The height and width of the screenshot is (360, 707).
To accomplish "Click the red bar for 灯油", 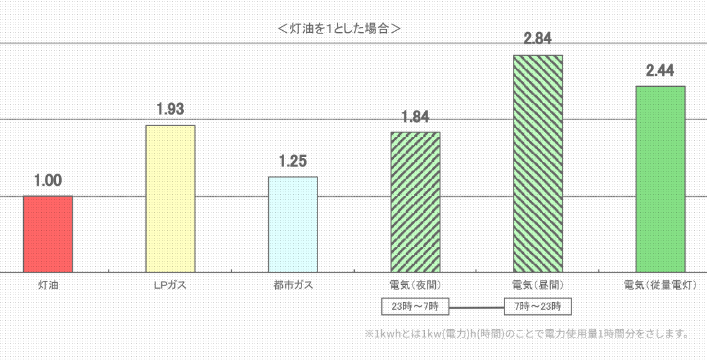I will coord(48,234).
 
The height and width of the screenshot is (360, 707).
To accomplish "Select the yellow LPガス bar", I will coord(170,199).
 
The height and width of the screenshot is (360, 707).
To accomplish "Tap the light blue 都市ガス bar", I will coord(292,224).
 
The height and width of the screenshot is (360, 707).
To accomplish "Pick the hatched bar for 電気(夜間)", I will coord(415,202).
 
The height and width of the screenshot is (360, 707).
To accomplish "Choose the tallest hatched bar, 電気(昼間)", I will coord(537,164).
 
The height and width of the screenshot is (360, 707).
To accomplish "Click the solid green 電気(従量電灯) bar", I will coord(660,179).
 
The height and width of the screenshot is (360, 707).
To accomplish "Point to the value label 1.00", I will coord(48,181).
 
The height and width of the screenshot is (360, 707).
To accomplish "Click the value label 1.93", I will coord(170,109).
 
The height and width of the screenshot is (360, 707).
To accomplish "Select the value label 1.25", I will coord(292,161).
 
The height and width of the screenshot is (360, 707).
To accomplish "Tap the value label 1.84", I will coord(415,117).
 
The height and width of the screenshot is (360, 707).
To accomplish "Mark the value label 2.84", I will coord(537,39).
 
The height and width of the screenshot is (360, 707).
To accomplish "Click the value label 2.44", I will coord(660,71).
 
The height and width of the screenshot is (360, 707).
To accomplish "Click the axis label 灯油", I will coord(48,284).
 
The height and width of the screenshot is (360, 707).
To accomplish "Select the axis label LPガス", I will coord(170,284).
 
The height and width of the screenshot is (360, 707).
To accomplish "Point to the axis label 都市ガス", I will coord(292,284).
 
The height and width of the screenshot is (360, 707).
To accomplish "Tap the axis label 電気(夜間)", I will coord(415,284).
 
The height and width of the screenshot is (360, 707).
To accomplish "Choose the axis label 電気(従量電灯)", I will coord(660,284).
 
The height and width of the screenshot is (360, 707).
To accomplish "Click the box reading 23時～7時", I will coord(415,306).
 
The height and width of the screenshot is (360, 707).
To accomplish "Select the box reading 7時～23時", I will coord(537,306).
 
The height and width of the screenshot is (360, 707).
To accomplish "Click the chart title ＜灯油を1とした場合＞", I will coord(341,28).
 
